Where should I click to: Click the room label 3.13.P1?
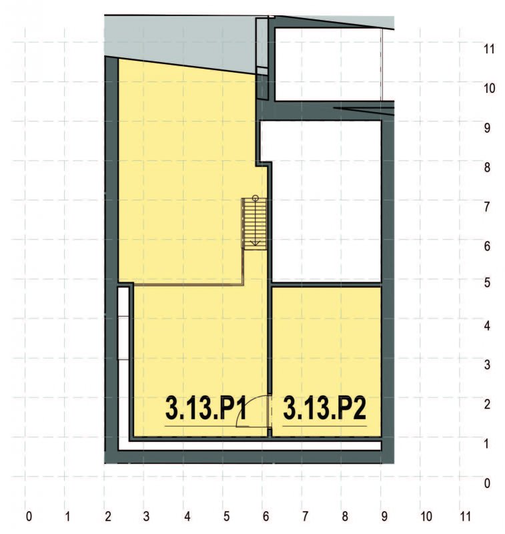[x=207, y=409]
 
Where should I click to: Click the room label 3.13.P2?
[x=325, y=409]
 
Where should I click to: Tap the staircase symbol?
[x=254, y=224]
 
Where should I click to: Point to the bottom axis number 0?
[x=28, y=516]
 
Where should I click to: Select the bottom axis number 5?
[x=226, y=516]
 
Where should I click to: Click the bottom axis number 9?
[x=384, y=516]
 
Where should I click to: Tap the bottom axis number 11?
[x=465, y=516]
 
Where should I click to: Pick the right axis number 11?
[x=489, y=49]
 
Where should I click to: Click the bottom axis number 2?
[x=107, y=516]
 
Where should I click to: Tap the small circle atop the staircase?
[x=255, y=198]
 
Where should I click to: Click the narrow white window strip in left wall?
[x=123, y=323]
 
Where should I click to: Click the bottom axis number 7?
[x=305, y=516]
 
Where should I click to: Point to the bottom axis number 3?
[x=147, y=516]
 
